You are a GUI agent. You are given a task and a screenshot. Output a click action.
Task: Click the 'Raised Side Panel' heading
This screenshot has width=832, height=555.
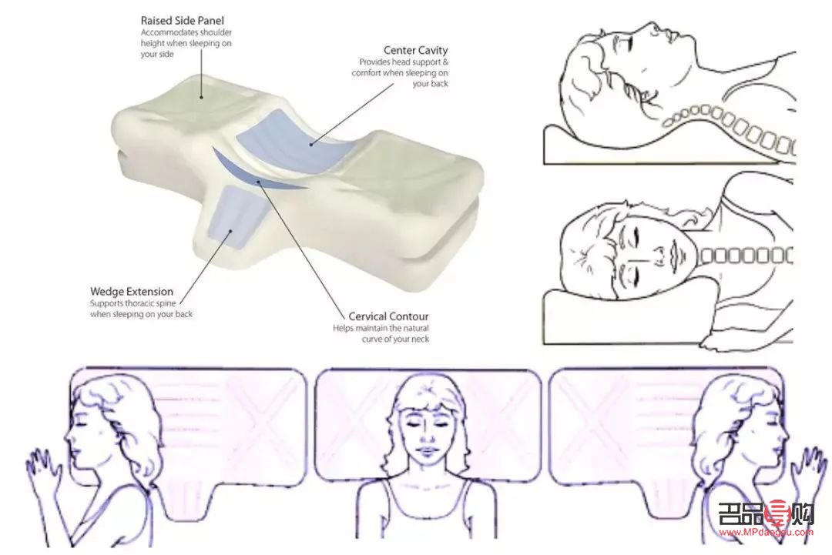pyautogui.click(x=182, y=21)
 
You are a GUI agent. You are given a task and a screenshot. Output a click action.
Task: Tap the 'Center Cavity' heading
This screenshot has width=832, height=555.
pyautogui.click(x=415, y=50)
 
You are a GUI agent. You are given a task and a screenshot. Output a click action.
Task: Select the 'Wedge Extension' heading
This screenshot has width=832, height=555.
pyautogui.click(x=132, y=292)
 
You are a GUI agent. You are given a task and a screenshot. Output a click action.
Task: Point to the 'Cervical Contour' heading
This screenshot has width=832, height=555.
pyautogui.click(x=388, y=316)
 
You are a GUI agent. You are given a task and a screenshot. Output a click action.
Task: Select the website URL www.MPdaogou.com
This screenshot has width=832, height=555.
pyautogui.click(x=767, y=533)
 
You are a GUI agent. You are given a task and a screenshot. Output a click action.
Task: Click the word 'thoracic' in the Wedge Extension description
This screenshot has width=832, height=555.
pyautogui.click(x=141, y=304)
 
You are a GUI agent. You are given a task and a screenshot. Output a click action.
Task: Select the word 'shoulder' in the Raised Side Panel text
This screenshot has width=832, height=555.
pyautogui.click(x=217, y=33)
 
